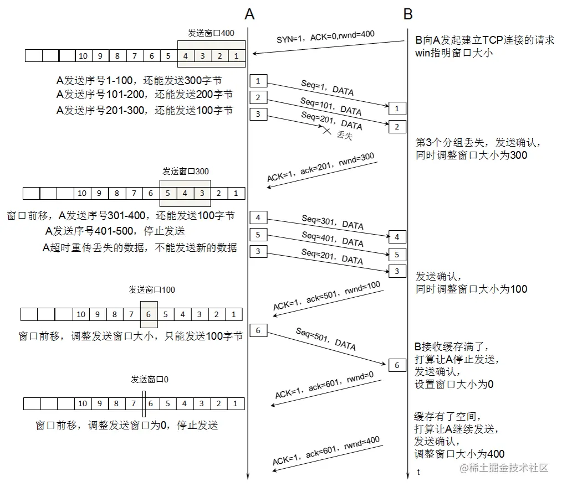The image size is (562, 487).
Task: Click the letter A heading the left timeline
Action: (x=249, y=14)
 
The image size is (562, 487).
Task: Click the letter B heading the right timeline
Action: (x=408, y=14)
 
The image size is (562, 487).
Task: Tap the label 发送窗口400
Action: (x=211, y=33)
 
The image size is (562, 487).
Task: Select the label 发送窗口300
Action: (x=186, y=172)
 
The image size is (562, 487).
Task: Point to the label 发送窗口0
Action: (x=150, y=380)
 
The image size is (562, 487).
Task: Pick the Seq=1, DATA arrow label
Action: (x=327, y=87)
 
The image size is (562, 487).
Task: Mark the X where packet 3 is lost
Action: (x=327, y=131)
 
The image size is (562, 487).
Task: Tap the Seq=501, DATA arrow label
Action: (x=325, y=339)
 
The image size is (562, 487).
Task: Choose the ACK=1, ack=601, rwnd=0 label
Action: (x=324, y=386)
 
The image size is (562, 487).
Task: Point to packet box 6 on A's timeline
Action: (x=258, y=331)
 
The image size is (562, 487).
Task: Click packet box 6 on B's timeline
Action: (x=397, y=365)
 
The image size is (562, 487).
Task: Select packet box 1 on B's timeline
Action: (x=397, y=108)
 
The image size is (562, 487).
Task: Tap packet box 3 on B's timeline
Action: (x=397, y=271)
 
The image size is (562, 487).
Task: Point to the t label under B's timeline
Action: (x=418, y=472)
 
